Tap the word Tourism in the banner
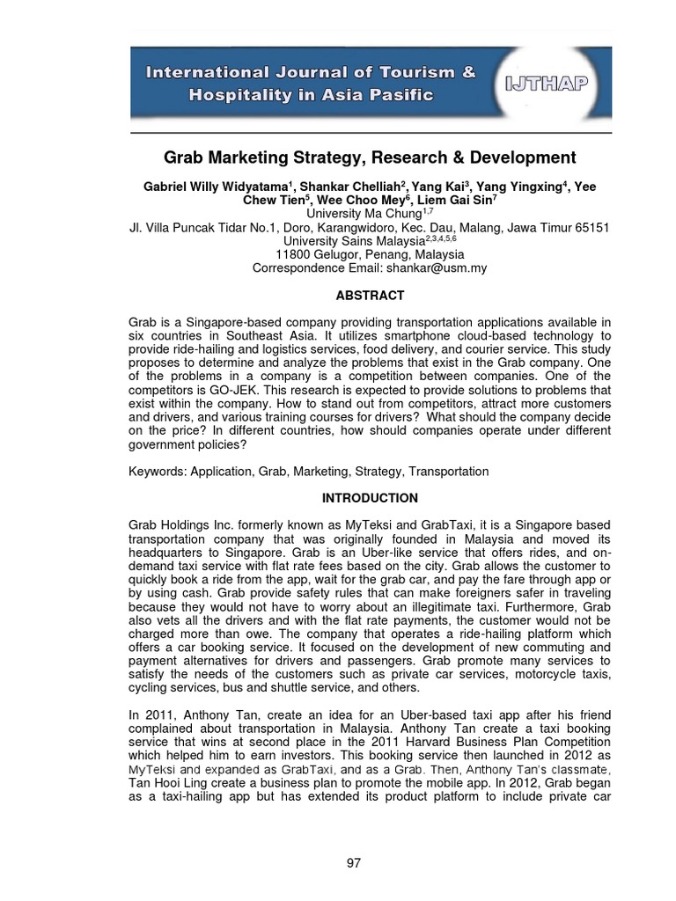[x=411, y=73]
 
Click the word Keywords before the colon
[x=156, y=472]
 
